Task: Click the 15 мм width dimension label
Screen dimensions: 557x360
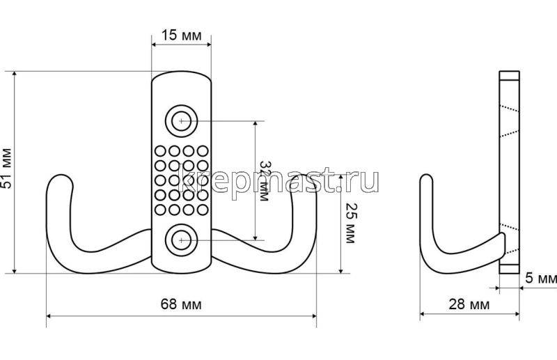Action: [x=182, y=36]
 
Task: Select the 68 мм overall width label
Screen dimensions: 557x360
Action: [x=181, y=304]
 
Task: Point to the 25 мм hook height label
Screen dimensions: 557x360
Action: [x=350, y=224]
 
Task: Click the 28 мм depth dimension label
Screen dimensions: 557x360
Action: [x=469, y=304]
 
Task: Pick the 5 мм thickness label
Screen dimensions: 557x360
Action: [x=541, y=278]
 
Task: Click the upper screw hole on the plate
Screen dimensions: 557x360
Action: [x=181, y=121]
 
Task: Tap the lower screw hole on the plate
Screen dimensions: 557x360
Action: [x=181, y=240]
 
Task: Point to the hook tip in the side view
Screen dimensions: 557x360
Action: [x=426, y=176]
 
